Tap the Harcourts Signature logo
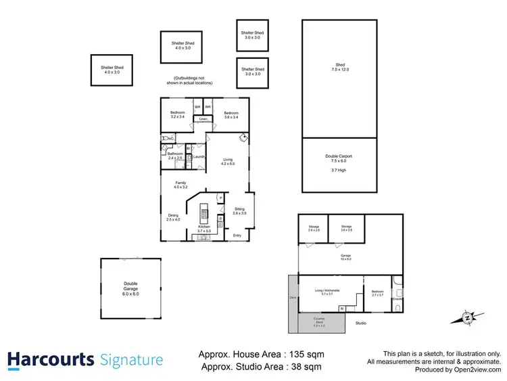(x=85, y=359)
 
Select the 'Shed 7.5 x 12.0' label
(x=339, y=68)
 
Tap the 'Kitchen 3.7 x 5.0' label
(x=203, y=229)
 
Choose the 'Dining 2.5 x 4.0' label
(x=173, y=217)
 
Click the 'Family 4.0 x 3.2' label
(x=180, y=185)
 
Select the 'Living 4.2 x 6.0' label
(x=227, y=161)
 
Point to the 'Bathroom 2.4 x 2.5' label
(x=174, y=156)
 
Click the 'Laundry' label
(x=199, y=157)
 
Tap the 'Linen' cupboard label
(x=203, y=120)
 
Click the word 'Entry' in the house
(x=237, y=236)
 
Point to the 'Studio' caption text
(x=360, y=323)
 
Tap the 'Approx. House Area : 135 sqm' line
(x=261, y=354)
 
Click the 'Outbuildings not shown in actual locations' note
(x=193, y=81)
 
